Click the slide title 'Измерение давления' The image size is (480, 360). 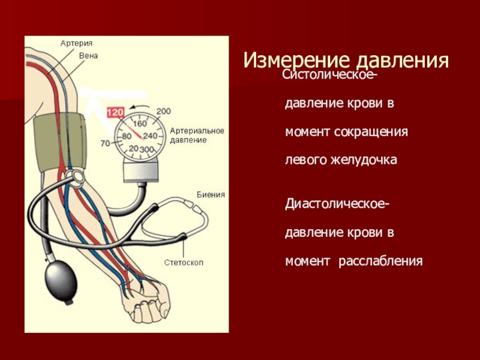[x=346, y=61]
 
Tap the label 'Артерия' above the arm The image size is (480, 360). [x=76, y=43]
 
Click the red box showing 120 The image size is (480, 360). [x=115, y=112]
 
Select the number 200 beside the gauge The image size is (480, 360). [x=163, y=112]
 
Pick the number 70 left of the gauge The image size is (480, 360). [x=105, y=143]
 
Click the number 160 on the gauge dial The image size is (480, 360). [x=140, y=124]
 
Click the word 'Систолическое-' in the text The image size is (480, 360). [x=330, y=76]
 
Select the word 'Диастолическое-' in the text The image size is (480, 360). [x=336, y=206]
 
